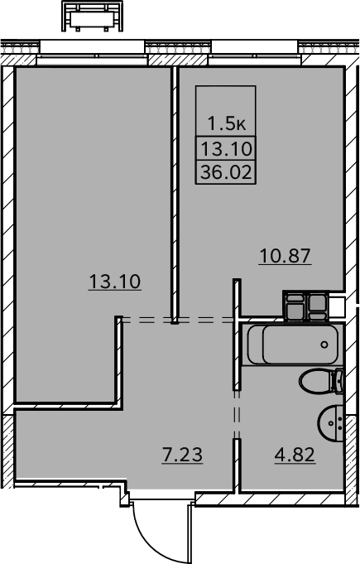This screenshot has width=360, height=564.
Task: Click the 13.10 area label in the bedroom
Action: (x=114, y=282)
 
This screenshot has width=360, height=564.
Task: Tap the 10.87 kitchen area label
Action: (x=285, y=256)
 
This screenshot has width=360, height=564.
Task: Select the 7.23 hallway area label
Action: (x=183, y=455)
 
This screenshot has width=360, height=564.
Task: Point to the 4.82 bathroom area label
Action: (x=295, y=455)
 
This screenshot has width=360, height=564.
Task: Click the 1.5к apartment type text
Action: (x=227, y=124)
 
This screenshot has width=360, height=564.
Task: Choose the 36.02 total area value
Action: (x=226, y=172)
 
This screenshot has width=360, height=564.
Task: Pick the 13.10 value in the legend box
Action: (x=226, y=149)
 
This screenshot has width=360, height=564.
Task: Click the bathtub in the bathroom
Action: (x=293, y=345)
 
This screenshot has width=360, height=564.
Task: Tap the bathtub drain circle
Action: (x=324, y=345)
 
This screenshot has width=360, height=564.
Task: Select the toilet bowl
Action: (x=315, y=381)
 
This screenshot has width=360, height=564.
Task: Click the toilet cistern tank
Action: (x=339, y=381)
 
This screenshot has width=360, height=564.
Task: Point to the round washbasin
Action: (x=331, y=422)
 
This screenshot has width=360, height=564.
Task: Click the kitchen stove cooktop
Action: (x=305, y=306)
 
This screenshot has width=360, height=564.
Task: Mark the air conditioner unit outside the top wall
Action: (x=93, y=16)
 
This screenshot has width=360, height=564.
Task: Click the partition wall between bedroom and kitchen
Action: (x=175, y=195)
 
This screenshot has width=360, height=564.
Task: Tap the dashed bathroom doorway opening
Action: (x=237, y=414)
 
